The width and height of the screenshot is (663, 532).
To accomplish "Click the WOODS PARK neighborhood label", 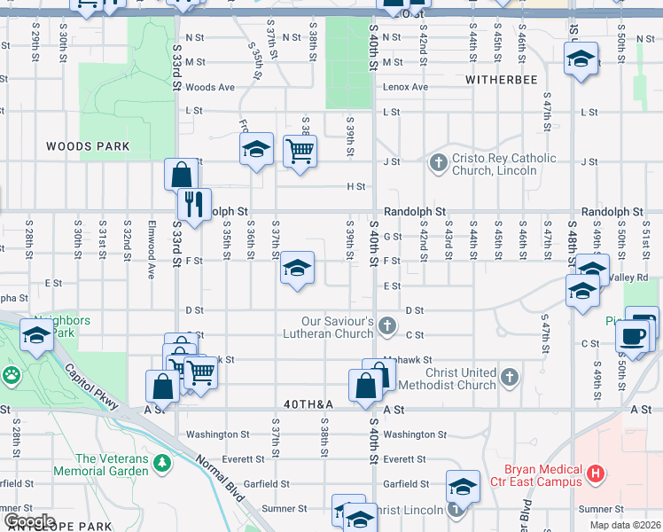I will (88, 146).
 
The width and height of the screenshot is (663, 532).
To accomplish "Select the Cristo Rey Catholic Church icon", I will (437, 163).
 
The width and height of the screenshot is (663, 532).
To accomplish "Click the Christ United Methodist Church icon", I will (509, 379).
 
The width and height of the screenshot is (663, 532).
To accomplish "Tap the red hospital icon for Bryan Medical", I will (597, 475).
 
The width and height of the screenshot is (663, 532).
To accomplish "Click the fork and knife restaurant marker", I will (193, 203).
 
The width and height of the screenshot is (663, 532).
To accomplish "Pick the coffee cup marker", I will (631, 336).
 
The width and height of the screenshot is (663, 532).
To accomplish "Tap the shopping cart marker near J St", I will (300, 152).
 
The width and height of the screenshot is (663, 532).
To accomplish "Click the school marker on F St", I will (297, 268).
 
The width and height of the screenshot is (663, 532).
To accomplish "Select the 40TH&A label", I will (308, 404).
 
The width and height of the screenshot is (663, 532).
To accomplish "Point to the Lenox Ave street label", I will (405, 87).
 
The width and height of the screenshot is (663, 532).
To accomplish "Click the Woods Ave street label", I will (210, 87).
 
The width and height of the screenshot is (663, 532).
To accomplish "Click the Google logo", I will (28, 520).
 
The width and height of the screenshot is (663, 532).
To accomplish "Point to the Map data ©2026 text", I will (624, 525).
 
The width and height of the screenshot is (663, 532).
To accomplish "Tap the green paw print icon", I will (11, 375).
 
